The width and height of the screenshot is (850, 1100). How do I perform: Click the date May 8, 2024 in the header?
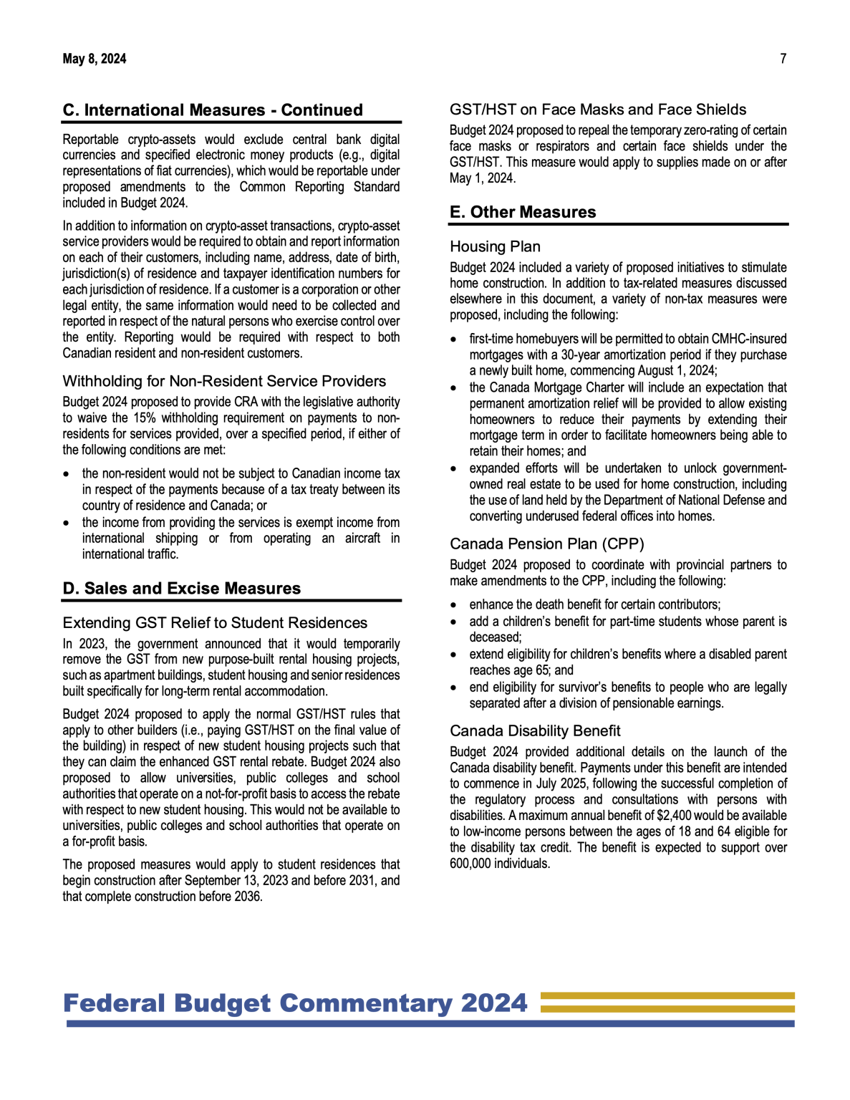[94, 59]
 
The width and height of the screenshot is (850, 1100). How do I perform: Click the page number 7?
[783, 59]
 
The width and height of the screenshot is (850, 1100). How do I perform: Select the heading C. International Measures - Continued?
[213, 110]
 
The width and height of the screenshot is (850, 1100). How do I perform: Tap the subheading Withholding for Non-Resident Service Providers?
[224, 381]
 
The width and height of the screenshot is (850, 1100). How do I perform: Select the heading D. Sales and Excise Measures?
[182, 589]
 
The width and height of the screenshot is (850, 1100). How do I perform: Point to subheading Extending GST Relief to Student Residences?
[215, 623]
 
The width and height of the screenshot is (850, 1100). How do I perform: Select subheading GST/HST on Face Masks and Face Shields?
[598, 110]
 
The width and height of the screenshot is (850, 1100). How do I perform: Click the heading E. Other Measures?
[523, 213]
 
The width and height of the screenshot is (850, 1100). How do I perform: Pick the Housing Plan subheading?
[495, 246]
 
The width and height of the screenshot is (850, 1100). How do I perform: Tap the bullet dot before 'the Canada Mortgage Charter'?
[454, 388]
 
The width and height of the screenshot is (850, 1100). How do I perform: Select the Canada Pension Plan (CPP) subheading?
[547, 544]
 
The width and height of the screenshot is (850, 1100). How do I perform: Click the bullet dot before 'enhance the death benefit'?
[454, 605]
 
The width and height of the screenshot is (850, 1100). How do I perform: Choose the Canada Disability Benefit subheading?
[535, 731]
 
